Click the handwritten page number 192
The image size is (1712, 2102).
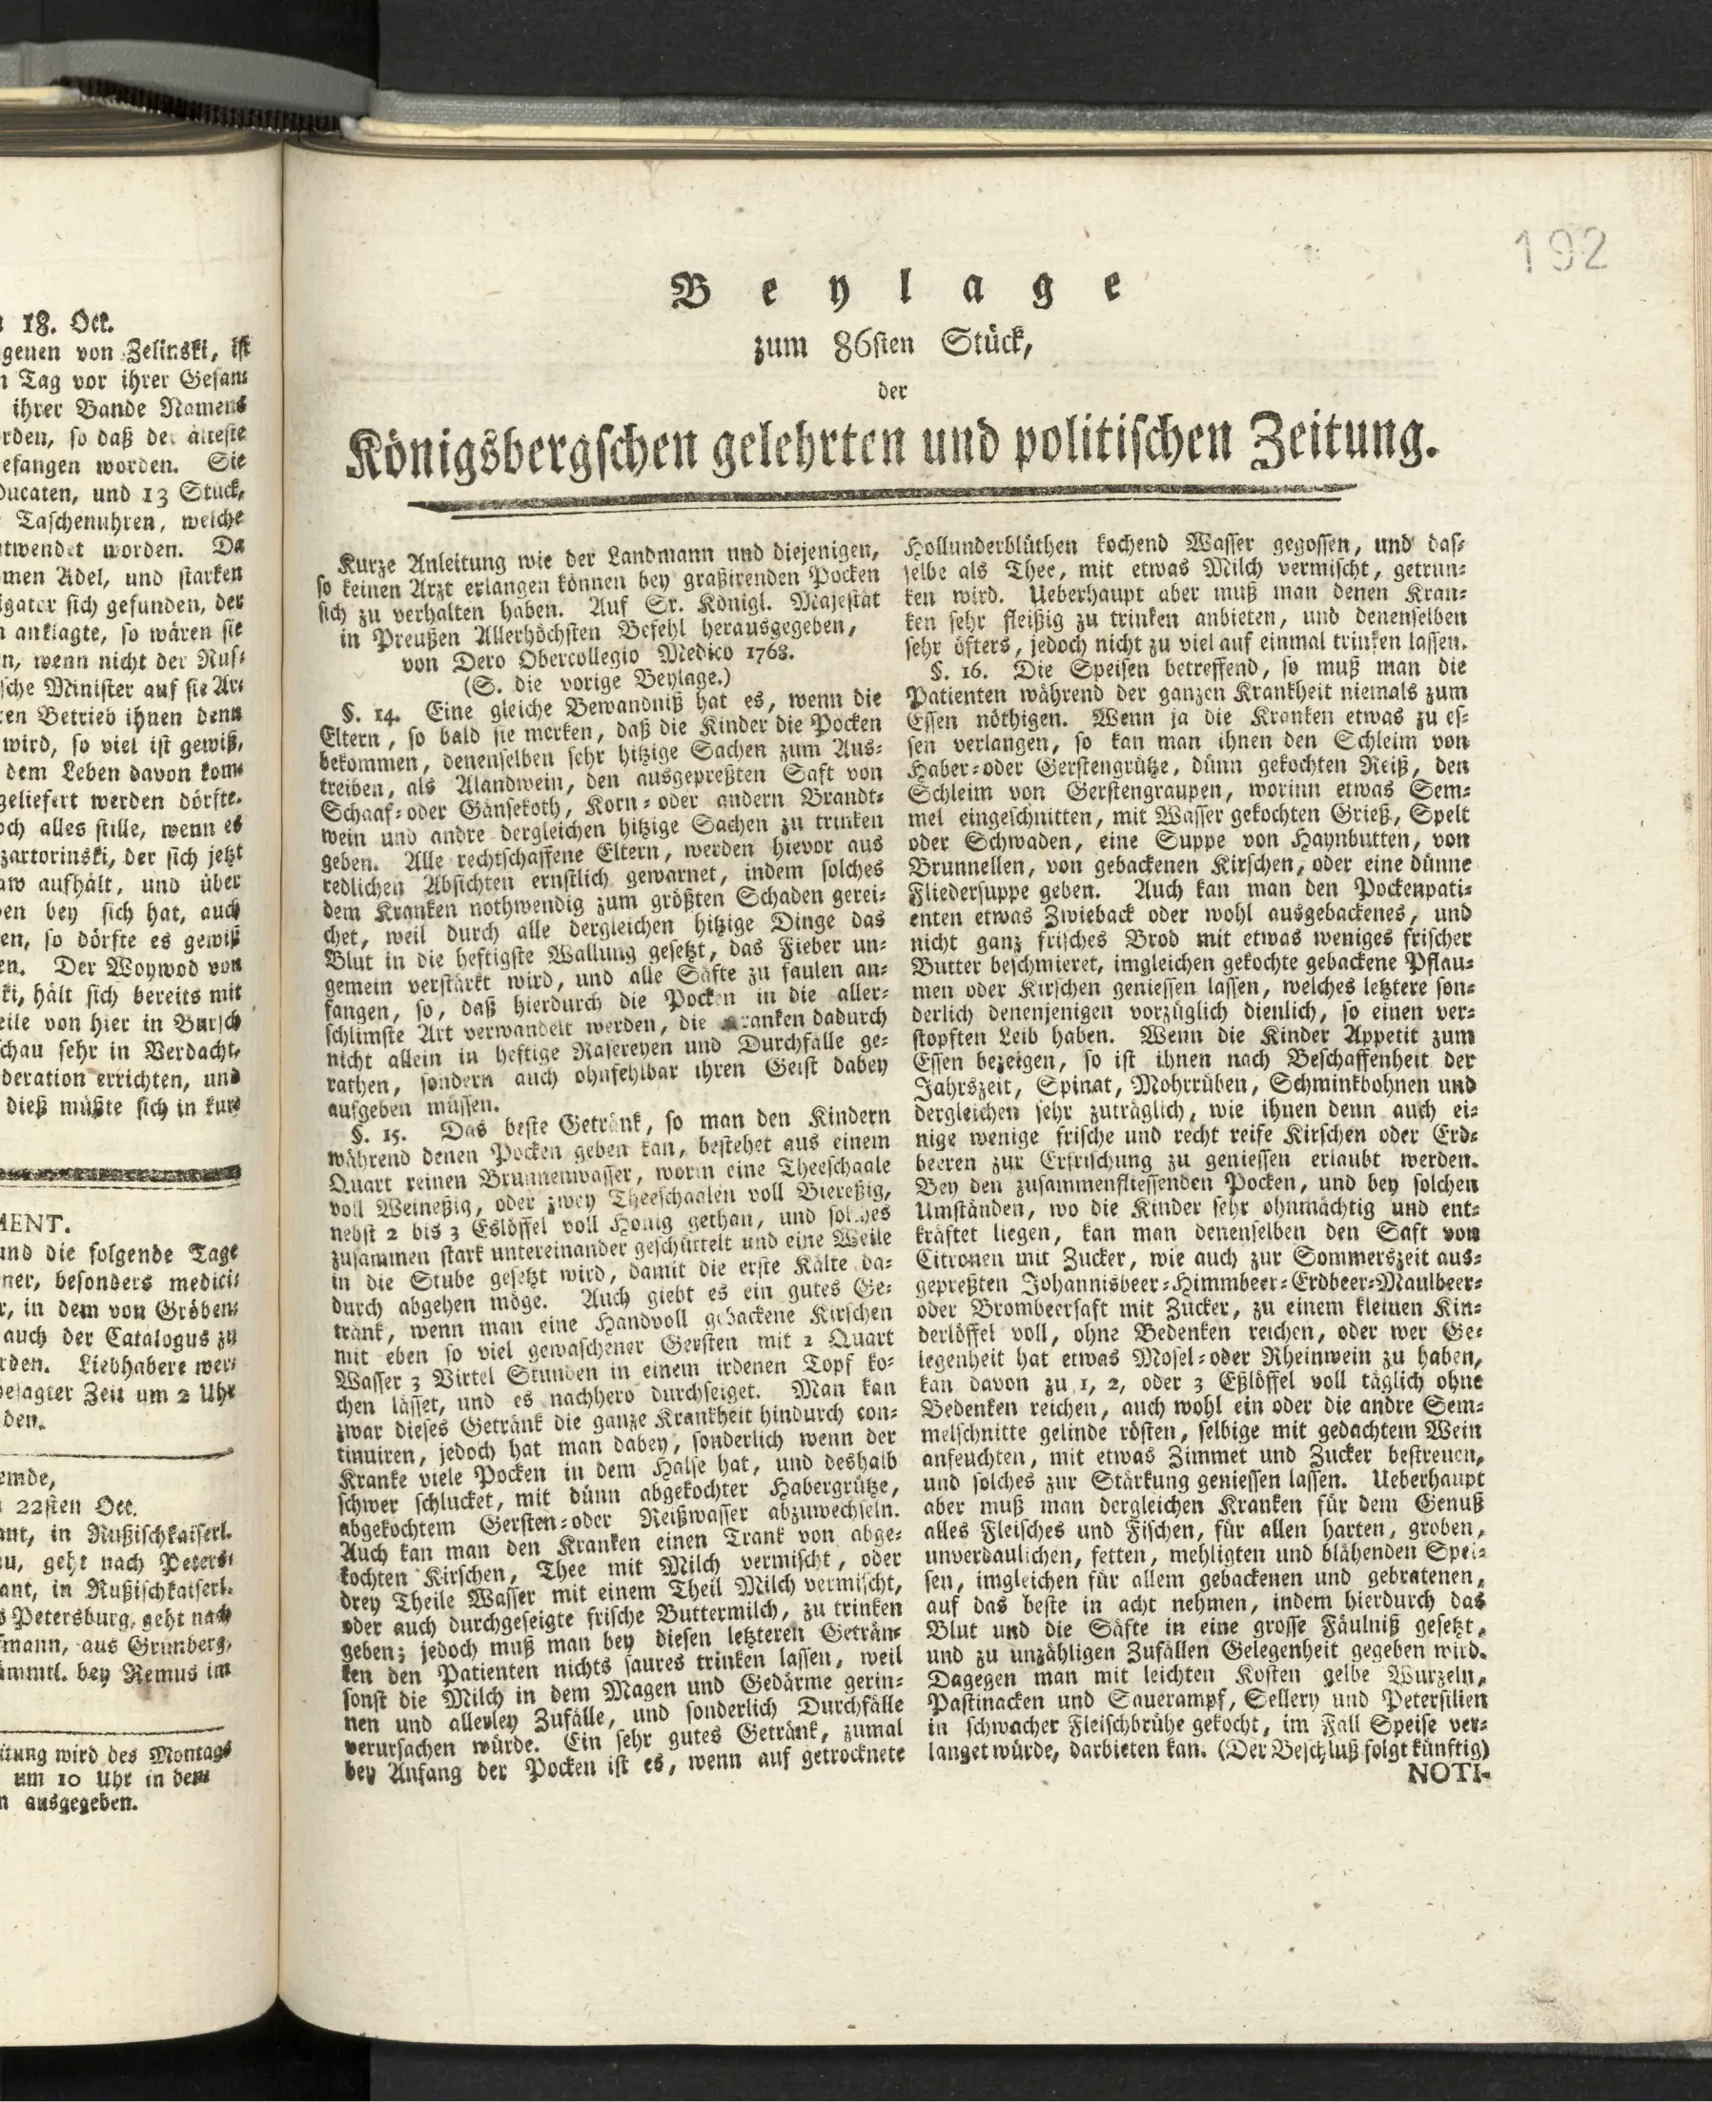point(1560,253)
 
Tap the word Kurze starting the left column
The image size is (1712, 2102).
point(366,565)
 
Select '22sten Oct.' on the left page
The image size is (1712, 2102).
point(71,1506)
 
